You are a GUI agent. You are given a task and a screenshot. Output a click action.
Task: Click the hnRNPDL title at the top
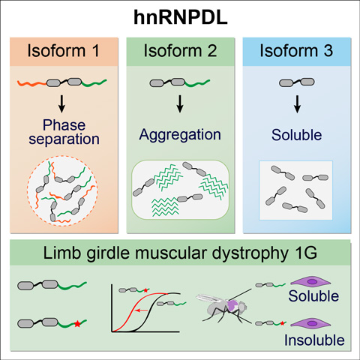tap(181, 17)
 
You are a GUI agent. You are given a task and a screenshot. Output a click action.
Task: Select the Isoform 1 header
tap(64, 51)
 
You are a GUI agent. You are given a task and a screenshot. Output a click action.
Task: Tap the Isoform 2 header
tap(180, 51)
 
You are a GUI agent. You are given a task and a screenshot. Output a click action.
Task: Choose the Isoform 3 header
tap(296, 51)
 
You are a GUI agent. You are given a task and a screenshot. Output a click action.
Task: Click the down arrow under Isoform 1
tap(61, 103)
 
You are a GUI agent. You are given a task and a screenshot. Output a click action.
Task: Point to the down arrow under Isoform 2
tap(180, 103)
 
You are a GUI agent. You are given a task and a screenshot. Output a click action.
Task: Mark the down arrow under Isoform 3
tap(297, 103)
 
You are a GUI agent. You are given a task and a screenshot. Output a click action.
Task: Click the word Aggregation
tap(180, 135)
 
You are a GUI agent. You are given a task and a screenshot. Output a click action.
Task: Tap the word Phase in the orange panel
tap(64, 124)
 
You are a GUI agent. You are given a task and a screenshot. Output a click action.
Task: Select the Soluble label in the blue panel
tap(297, 135)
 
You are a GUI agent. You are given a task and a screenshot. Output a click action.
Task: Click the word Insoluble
tap(314, 340)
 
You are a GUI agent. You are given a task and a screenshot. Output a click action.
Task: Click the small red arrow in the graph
tap(141, 310)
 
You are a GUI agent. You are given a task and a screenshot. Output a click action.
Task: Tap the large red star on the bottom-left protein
tap(78, 324)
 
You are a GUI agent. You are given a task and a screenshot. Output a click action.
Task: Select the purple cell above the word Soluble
tap(310, 282)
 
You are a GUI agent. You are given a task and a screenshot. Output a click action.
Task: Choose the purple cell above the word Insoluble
tap(310, 324)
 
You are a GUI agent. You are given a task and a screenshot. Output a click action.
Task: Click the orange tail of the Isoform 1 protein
tap(32, 84)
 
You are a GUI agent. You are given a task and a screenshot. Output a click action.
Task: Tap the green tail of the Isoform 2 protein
tap(197, 84)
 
